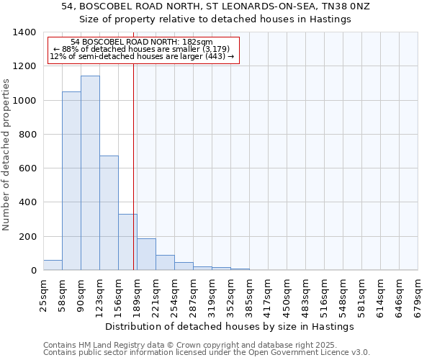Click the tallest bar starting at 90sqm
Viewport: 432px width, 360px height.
pyautogui.click(x=90, y=173)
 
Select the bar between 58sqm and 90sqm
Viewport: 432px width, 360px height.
pyautogui.click(x=71, y=181)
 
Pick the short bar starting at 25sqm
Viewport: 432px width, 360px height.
pyautogui.click(x=53, y=265)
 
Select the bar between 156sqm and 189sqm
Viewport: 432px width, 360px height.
pyautogui.click(x=127, y=242)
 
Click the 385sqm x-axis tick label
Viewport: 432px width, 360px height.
pyautogui.click(x=249, y=297)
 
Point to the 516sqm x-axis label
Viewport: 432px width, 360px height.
pyautogui.click(x=324, y=297)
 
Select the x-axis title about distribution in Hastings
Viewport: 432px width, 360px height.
pyautogui.click(x=230, y=326)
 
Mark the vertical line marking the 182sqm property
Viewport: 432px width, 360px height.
pyautogui.click(x=134, y=166)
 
